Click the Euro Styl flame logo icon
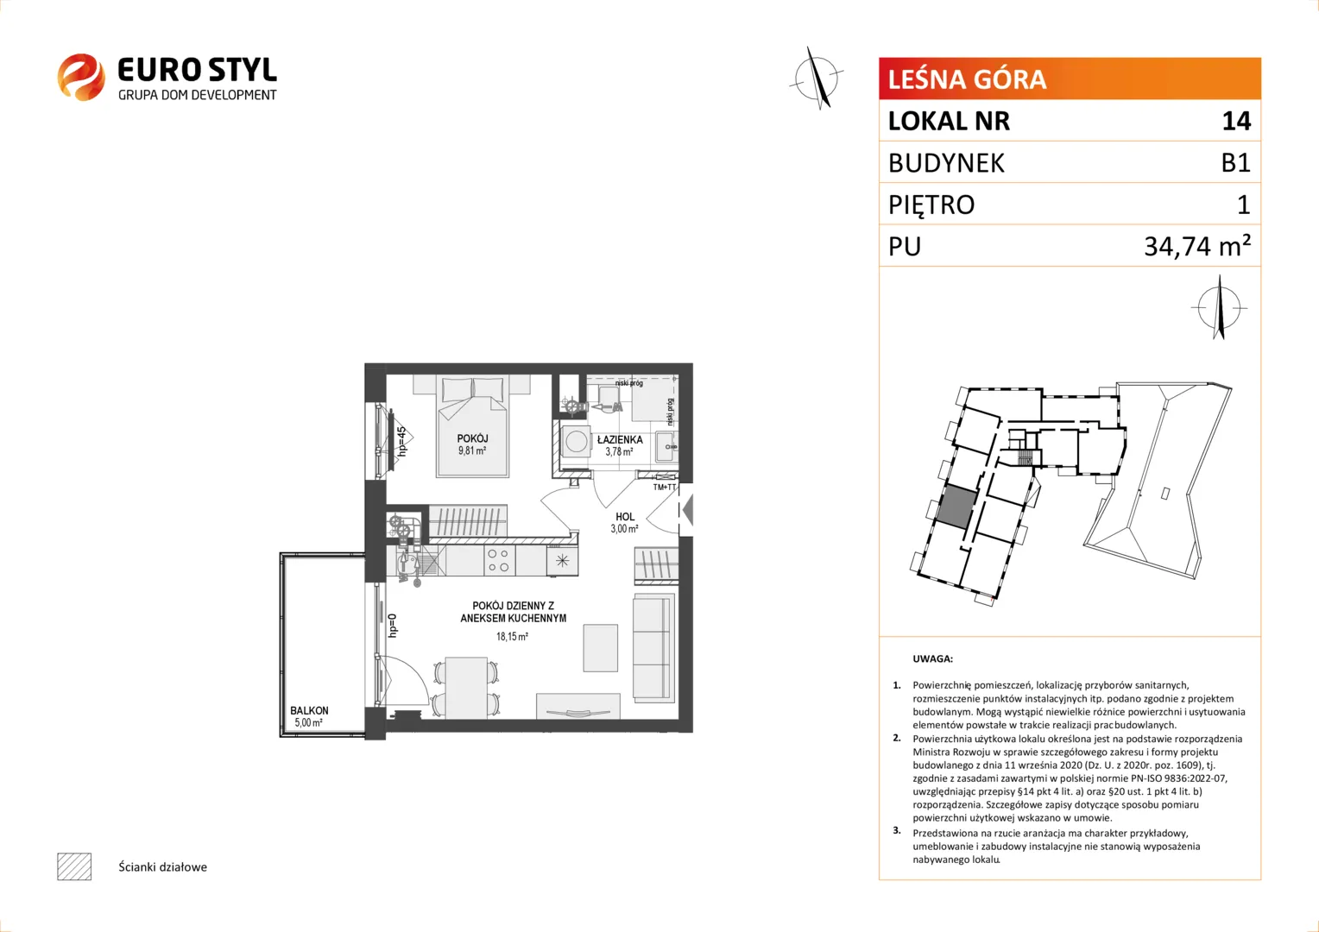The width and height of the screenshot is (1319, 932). point(81,77)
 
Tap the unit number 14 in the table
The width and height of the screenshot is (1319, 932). point(1236,121)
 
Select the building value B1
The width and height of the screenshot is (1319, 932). point(1235,162)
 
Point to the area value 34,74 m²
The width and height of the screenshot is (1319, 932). point(1197,246)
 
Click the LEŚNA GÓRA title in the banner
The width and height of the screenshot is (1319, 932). point(967,79)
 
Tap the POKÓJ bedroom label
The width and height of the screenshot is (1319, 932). point(472,438)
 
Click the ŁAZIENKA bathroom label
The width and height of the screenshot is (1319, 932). point(620,440)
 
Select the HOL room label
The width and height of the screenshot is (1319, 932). point(625,517)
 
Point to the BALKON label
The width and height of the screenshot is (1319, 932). point(309,710)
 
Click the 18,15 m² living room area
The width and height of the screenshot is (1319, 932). point(512,637)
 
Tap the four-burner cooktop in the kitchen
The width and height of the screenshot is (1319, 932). point(498,561)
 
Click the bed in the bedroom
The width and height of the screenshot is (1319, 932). point(472,426)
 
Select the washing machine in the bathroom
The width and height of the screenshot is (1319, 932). point(576,441)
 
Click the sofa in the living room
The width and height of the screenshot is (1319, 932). point(653,648)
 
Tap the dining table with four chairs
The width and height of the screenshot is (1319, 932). point(466,687)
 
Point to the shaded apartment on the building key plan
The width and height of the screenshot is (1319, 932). point(956,507)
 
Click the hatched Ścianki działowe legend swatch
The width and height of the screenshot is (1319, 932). point(74,866)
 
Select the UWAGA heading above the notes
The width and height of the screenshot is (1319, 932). point(933,658)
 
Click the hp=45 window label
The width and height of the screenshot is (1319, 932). point(401,442)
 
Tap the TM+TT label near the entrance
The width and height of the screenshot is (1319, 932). point(664,488)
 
